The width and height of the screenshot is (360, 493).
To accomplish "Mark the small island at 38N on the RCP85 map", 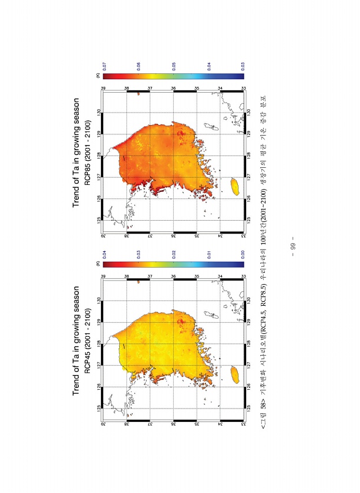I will click(137, 93).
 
